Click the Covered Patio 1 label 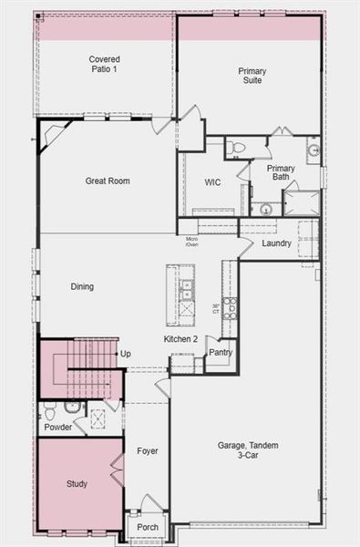pyautogui.click(x=104, y=65)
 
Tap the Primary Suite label pyautogui.click(x=252, y=76)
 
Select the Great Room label pyautogui.click(x=108, y=181)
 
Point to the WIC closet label pyautogui.click(x=212, y=182)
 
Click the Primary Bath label pyautogui.click(x=281, y=172)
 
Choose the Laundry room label pyautogui.click(x=276, y=243)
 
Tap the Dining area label pyautogui.click(x=82, y=286)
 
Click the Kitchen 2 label pyautogui.click(x=180, y=339)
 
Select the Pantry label pyautogui.click(x=220, y=352)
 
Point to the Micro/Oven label pyautogui.click(x=192, y=242)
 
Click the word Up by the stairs pyautogui.click(x=125, y=354)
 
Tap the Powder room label pyautogui.click(x=57, y=428)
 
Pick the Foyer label pyautogui.click(x=148, y=450)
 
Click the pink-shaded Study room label pyautogui.click(x=77, y=484)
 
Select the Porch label pyautogui.click(x=148, y=527)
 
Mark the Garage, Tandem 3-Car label pyautogui.click(x=249, y=449)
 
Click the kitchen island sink pyautogui.click(x=186, y=290)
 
